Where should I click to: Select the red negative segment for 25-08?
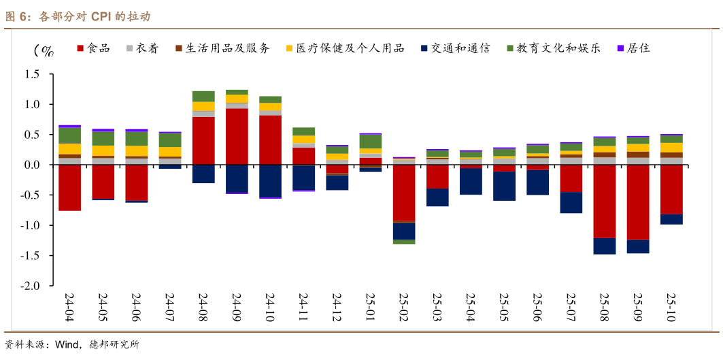604,201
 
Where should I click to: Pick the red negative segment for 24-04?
69,188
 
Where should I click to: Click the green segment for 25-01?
370,142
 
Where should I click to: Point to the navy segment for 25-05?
504,186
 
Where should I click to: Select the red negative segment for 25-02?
404,193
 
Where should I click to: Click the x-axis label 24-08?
203,307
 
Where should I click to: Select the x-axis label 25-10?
671,307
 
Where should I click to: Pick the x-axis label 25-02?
404,307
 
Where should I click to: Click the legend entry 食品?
98,48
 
